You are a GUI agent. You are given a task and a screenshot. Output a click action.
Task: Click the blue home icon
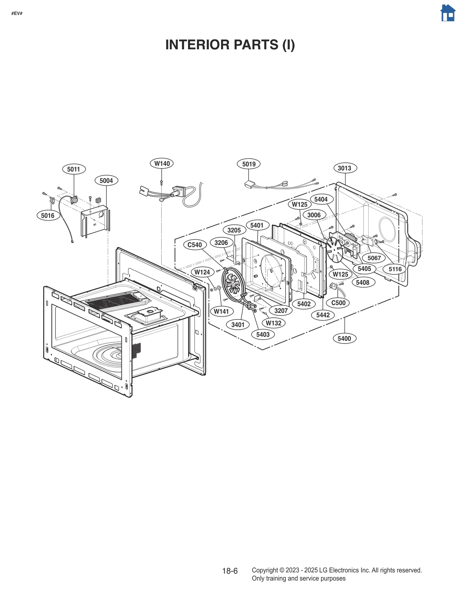[448, 13]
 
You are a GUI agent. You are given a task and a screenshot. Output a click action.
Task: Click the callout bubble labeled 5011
[74, 169]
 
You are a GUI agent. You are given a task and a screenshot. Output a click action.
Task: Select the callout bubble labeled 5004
[106, 180]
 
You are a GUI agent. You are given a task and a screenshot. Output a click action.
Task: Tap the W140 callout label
[162, 163]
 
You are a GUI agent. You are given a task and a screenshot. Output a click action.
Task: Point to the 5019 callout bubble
[249, 164]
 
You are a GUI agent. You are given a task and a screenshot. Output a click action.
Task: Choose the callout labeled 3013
[345, 168]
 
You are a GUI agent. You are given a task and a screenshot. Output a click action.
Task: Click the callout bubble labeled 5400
[344, 338]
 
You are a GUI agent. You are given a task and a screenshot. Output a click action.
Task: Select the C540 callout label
[195, 245]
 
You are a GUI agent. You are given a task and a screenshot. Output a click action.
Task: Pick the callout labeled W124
[202, 272]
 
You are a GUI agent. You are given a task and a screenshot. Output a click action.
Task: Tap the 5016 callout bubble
[48, 215]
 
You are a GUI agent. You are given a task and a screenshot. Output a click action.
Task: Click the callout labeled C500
[338, 303]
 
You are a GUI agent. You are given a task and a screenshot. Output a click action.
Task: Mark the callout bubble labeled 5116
[395, 269]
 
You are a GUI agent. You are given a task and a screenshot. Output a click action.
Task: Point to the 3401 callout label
[238, 325]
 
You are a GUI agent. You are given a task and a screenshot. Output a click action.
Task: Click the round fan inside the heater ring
[233, 283]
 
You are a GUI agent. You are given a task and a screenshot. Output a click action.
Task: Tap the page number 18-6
[230, 571]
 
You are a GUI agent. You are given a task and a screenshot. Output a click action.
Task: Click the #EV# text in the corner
[17, 14]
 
